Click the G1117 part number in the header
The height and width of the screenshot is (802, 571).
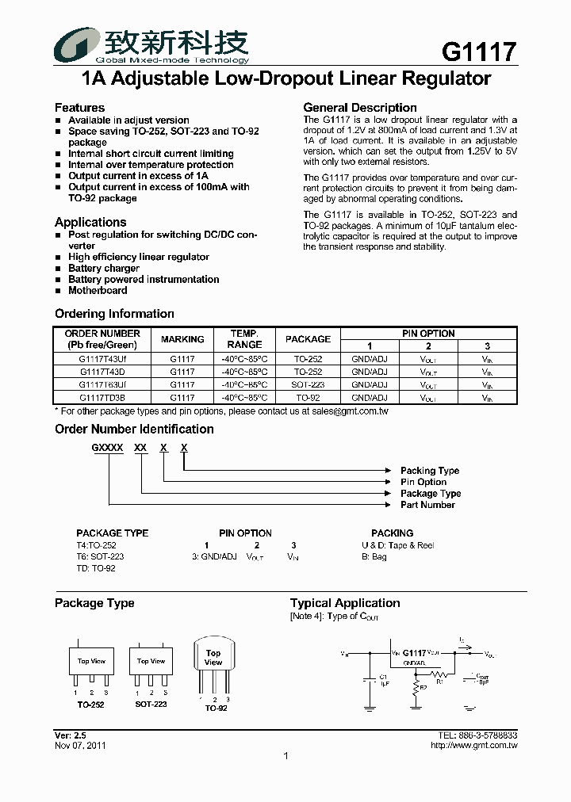click(x=479, y=52)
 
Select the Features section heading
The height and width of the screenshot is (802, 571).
click(x=79, y=108)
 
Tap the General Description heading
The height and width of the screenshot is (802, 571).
click(x=360, y=108)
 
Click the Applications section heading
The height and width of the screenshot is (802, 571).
click(x=90, y=223)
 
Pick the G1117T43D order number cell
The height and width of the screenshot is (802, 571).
click(x=102, y=371)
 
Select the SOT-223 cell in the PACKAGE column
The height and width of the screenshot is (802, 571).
click(x=308, y=384)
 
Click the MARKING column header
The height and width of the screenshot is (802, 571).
click(x=182, y=339)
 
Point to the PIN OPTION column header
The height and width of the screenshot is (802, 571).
click(x=428, y=334)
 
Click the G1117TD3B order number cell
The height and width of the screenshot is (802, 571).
click(x=102, y=397)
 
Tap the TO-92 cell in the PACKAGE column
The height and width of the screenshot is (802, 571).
click(x=308, y=397)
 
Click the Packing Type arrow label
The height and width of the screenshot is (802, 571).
click(x=429, y=471)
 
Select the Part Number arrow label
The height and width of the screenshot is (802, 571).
click(x=427, y=505)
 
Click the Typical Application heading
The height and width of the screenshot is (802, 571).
click(x=345, y=603)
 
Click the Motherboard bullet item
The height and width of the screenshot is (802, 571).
click(x=98, y=291)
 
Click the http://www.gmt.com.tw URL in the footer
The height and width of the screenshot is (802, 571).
click(x=473, y=746)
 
